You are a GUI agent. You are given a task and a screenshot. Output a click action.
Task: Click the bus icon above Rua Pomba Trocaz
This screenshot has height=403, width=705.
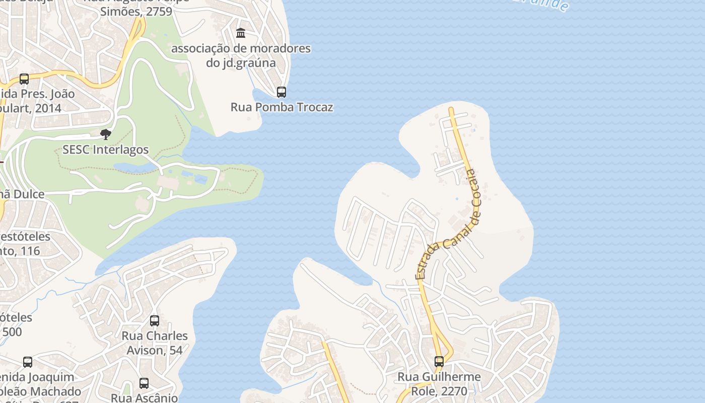coord(281,92)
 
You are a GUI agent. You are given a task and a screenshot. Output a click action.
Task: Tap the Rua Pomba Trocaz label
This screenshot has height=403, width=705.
coord(281,107)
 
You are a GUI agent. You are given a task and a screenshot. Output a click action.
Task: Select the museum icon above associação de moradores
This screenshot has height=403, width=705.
coord(241,33)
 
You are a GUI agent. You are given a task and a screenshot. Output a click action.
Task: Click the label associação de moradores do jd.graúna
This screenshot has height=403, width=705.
coord(241,55)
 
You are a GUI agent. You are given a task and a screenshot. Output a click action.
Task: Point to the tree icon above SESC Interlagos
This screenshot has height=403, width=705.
coord(105,134)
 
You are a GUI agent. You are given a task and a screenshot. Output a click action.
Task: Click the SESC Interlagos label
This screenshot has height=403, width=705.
coord(105,150)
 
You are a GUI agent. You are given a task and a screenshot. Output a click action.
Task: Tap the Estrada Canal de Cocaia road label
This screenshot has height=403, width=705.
coord(448,225)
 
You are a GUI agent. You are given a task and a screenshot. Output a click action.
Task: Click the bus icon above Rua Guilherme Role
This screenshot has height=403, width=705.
coord(439,361)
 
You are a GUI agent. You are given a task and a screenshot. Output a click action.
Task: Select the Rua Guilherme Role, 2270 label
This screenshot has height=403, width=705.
coord(439,383)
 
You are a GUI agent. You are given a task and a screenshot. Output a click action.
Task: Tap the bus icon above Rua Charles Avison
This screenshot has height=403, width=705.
coord(155,320)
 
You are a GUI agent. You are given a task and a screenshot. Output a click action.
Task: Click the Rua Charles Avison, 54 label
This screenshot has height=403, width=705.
coord(155,343)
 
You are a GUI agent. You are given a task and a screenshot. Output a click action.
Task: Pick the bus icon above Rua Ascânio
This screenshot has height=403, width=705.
coord(144,383)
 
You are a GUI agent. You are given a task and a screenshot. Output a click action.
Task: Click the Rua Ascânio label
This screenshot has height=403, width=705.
coord(144,397)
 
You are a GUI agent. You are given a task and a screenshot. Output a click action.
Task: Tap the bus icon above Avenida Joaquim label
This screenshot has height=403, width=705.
coord(28,362)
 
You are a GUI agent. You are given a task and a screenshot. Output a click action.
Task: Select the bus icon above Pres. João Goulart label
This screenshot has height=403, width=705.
coord(24,79)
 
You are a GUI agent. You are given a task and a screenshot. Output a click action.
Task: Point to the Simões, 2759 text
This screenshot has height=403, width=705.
coord(136,11)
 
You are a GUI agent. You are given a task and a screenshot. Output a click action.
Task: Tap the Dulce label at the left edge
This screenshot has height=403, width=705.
coord(22,194)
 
